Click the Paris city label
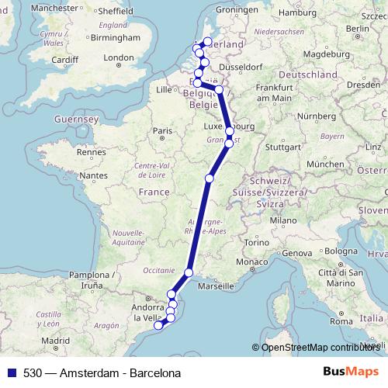161,131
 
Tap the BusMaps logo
351,372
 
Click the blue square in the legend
11,372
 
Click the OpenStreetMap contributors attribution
320,347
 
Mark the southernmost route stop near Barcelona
158,326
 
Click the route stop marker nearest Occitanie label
189,272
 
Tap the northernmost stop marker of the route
207,41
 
